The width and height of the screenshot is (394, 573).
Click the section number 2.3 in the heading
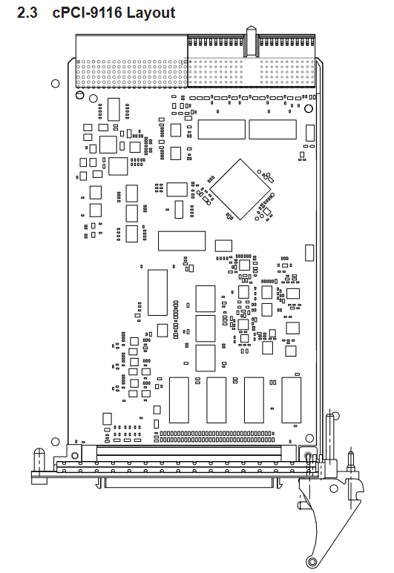click(x=27, y=13)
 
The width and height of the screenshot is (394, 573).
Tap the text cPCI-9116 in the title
click(x=87, y=13)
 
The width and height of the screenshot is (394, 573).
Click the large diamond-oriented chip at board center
click(x=240, y=189)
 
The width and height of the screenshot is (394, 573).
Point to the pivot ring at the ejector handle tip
click(x=312, y=561)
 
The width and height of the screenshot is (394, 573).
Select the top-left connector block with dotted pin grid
click(x=131, y=62)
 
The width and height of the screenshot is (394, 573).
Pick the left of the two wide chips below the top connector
click(x=222, y=130)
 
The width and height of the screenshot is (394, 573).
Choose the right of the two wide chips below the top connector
click(x=272, y=130)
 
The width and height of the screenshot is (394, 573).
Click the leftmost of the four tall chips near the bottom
click(x=180, y=400)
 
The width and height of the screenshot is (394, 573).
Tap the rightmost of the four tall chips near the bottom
click(x=292, y=400)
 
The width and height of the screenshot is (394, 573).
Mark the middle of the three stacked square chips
click(x=206, y=328)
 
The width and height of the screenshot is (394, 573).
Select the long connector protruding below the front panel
click(x=188, y=483)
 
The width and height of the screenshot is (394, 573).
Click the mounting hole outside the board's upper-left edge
click(x=55, y=84)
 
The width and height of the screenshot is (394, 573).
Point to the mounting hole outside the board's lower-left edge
click(x=55, y=442)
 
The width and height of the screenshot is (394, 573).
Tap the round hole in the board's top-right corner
click(x=309, y=108)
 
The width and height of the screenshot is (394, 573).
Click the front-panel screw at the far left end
click(x=39, y=459)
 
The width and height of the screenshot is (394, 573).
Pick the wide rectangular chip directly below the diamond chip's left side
click(x=182, y=241)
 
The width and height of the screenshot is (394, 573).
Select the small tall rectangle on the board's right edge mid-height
click(x=309, y=253)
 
